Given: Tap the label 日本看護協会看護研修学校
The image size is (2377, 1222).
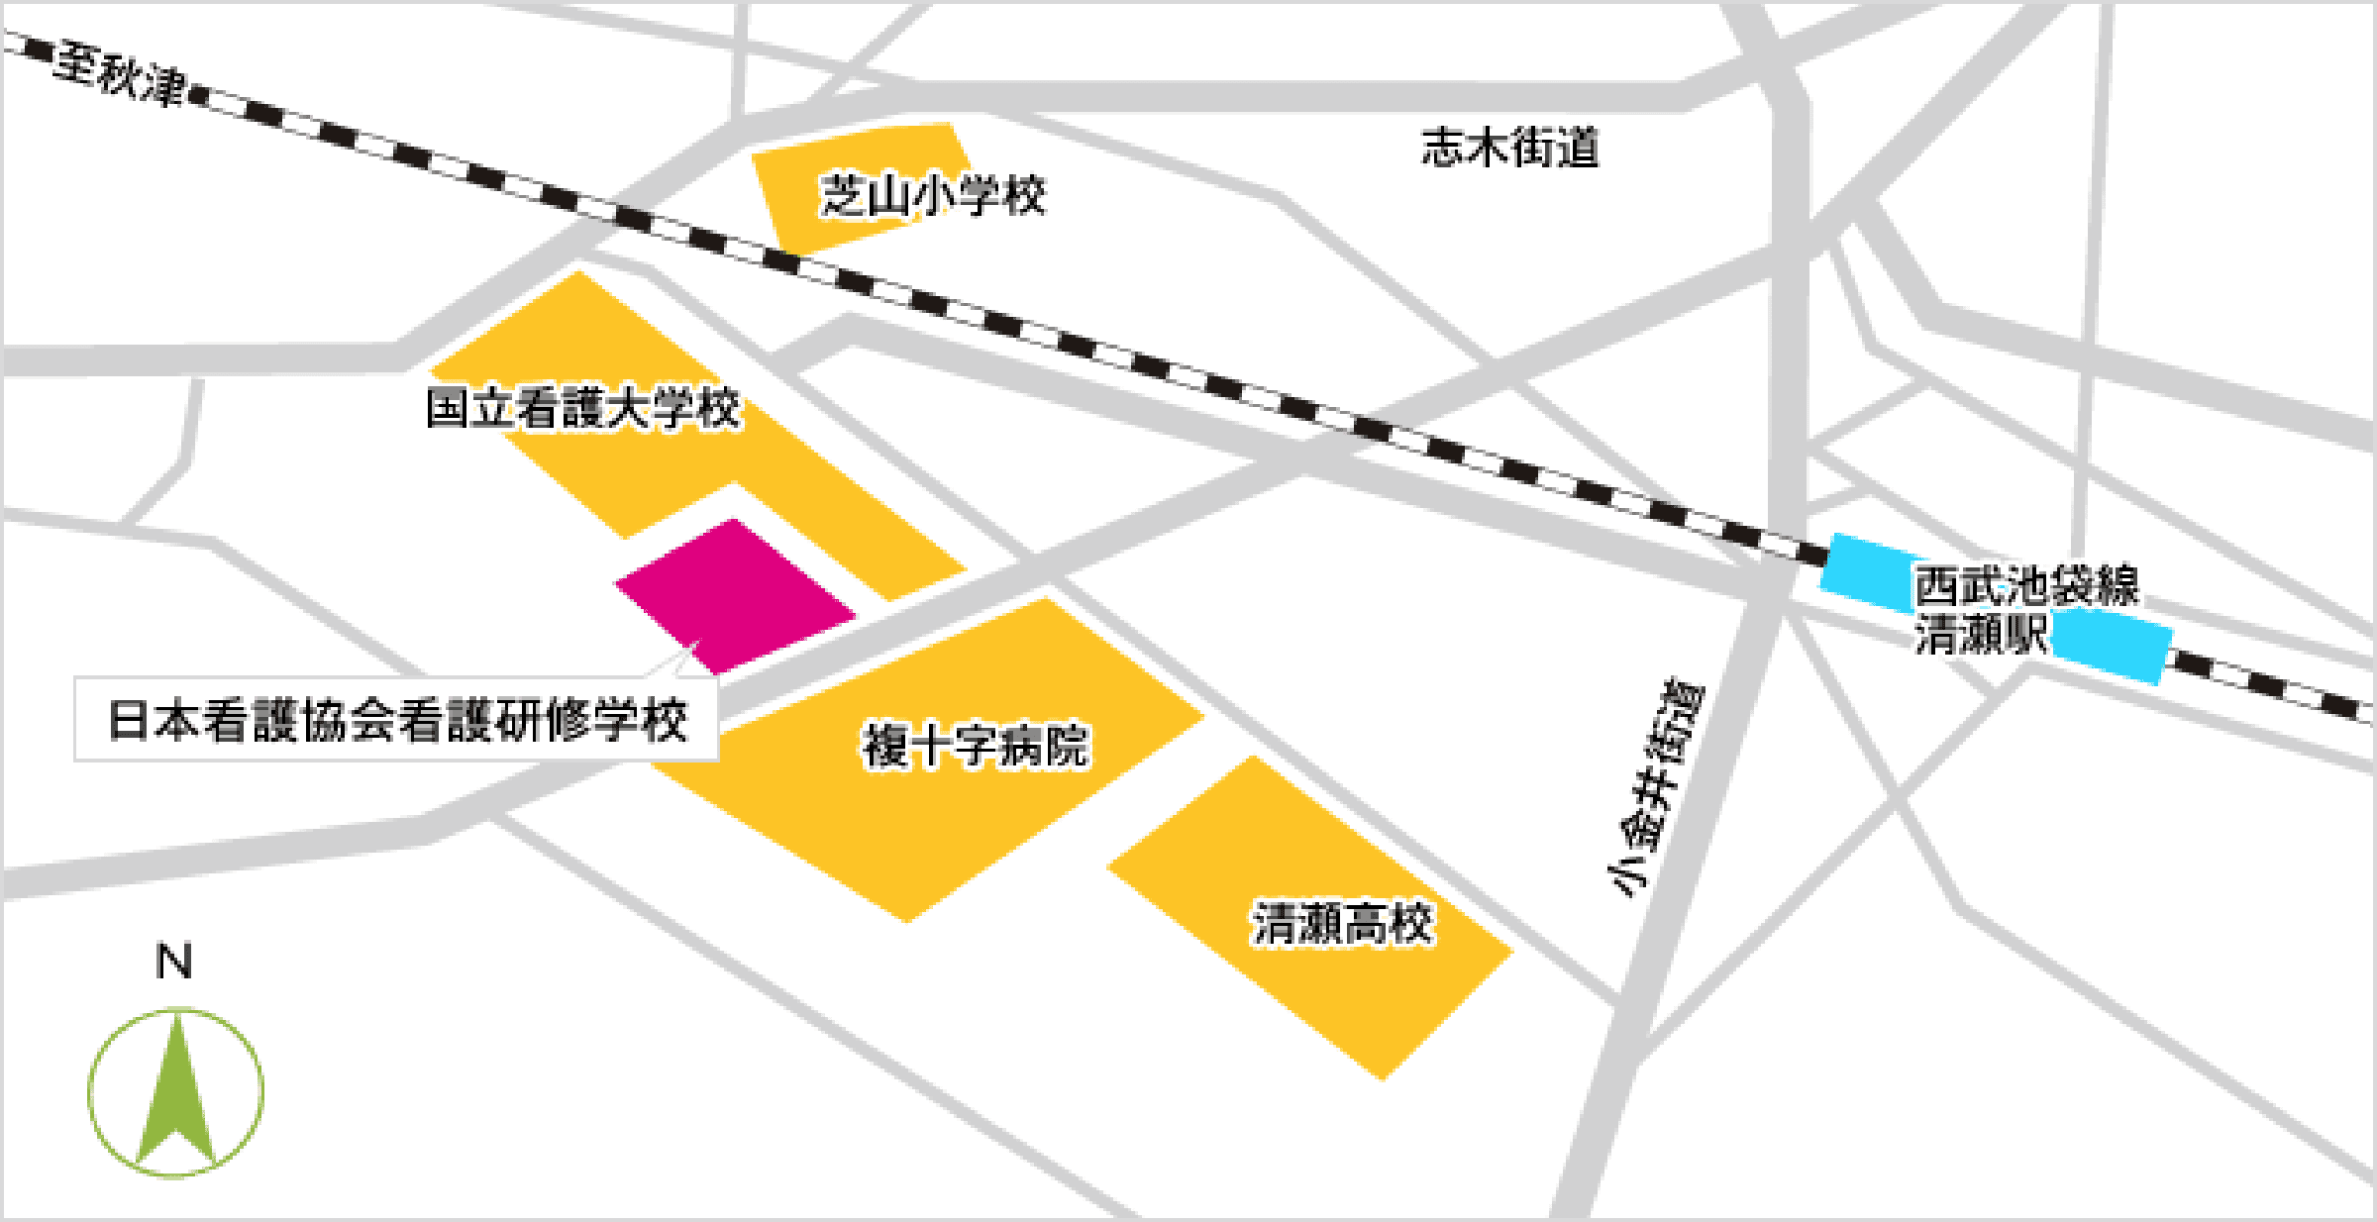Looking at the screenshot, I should (x=397, y=720).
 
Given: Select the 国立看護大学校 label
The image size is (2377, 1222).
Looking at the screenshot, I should (x=582, y=408).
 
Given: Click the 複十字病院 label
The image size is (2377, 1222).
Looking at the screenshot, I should (x=976, y=745).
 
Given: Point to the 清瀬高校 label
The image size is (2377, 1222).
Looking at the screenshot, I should (x=1342, y=923).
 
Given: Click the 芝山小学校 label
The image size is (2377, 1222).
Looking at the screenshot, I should (x=932, y=195).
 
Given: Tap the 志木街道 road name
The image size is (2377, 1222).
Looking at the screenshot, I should (x=1509, y=149).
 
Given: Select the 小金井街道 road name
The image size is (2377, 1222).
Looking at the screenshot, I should (x=1655, y=787).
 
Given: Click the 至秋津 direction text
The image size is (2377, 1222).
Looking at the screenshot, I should (x=120, y=71).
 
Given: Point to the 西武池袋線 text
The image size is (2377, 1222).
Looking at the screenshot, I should (x=2026, y=585).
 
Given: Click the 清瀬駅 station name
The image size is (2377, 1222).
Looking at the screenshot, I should (x=1980, y=634).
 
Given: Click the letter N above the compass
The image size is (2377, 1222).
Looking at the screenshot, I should (x=174, y=962).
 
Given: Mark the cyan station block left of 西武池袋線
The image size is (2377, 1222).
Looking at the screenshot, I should (x=1867, y=572).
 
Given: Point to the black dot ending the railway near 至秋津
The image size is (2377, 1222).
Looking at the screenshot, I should (x=197, y=96).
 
